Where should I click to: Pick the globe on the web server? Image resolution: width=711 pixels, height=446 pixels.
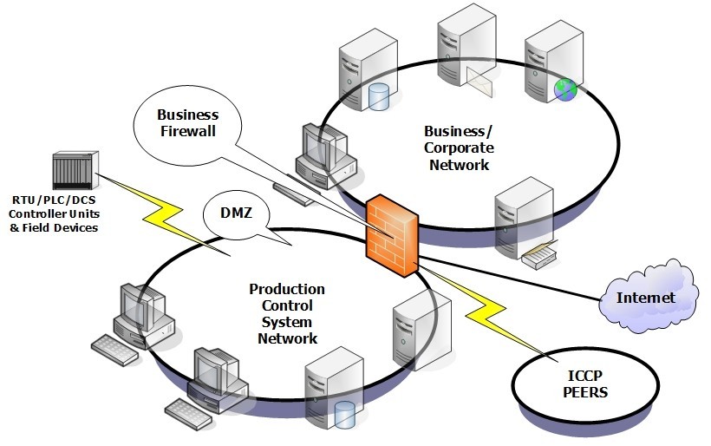pos(564,88)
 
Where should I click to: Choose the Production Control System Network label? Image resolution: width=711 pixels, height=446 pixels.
pos(287,313)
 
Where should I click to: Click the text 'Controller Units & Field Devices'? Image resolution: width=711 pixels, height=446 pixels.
pos(54,220)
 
